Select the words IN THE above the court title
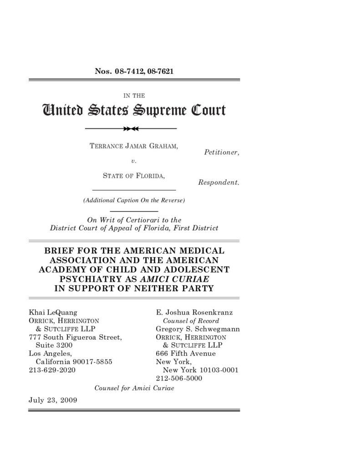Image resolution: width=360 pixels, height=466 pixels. [134, 95]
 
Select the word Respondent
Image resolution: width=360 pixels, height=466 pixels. [218, 182]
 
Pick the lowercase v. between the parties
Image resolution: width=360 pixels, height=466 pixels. [134, 161]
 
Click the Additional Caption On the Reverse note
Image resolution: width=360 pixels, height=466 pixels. [134, 200]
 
